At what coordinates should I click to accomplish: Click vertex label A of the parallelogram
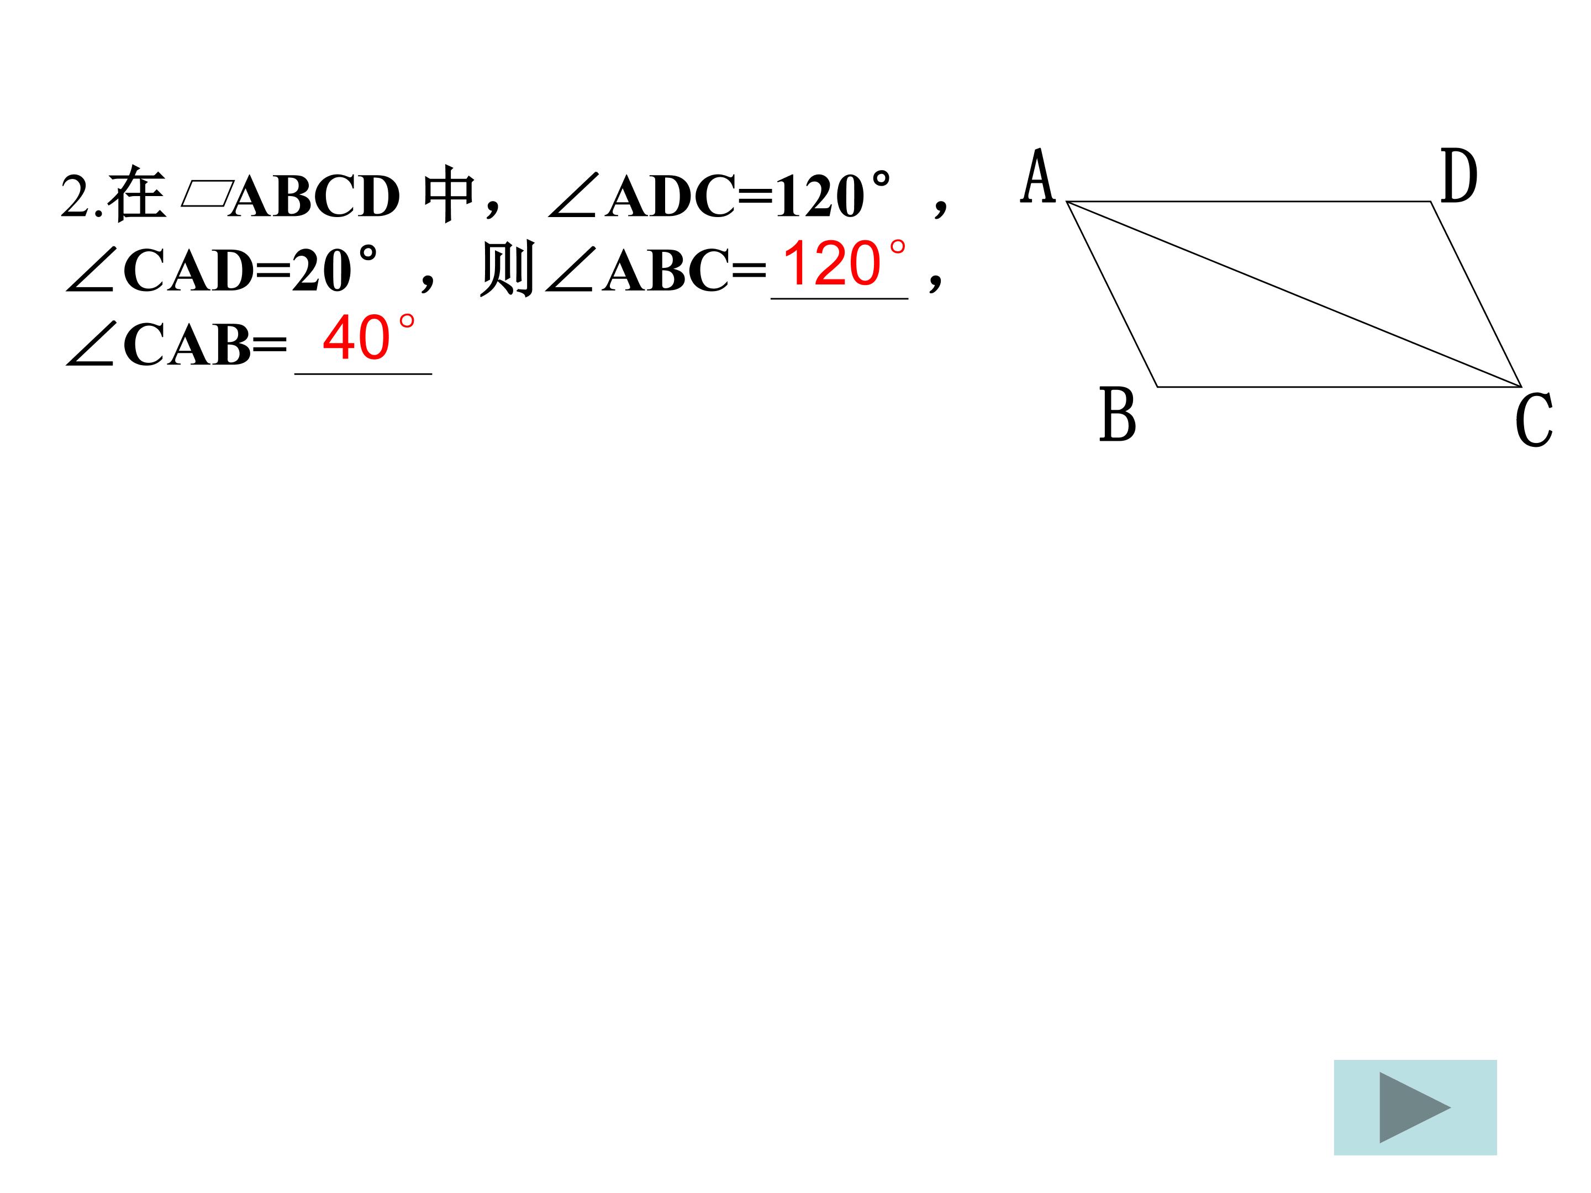(x=1038, y=176)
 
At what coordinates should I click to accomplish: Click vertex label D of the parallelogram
(x=1458, y=176)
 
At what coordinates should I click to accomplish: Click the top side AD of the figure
(x=1248, y=202)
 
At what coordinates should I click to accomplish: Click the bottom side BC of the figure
(x=1338, y=387)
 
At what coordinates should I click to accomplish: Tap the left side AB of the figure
(x=1112, y=294)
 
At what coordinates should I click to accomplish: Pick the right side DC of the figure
(x=1476, y=294)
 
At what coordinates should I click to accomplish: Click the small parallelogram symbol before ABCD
(x=207, y=194)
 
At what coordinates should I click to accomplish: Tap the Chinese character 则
(x=507, y=269)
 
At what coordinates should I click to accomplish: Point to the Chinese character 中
(x=449, y=194)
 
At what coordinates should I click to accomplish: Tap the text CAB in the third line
(x=187, y=345)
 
